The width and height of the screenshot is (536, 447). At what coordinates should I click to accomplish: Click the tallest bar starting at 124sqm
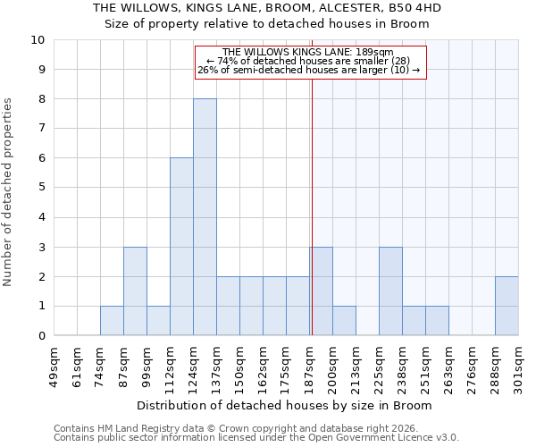pyautogui.click(x=205, y=217)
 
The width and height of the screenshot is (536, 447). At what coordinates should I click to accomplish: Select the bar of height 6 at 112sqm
pyautogui.click(x=181, y=247)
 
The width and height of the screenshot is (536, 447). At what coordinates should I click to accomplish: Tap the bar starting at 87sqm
pyautogui.click(x=135, y=291)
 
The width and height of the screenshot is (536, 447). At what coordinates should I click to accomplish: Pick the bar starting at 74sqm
pyautogui.click(x=112, y=321)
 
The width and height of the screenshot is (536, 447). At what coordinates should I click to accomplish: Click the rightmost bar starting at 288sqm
pyautogui.click(x=507, y=307)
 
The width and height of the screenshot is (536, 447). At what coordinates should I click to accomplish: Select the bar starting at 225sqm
pyautogui.click(x=390, y=291)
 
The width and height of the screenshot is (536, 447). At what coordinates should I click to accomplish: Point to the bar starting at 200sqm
pyautogui.click(x=344, y=321)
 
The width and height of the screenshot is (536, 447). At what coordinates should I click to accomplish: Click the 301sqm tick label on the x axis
pyautogui.click(x=519, y=367)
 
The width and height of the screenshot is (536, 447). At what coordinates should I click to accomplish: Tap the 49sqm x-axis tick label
pyautogui.click(x=54, y=367)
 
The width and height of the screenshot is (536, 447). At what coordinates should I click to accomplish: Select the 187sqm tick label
pyautogui.click(x=310, y=367)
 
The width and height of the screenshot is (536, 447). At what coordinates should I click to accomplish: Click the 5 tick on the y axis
pyautogui.click(x=40, y=188)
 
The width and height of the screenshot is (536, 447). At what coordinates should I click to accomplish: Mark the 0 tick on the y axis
pyautogui.click(x=40, y=336)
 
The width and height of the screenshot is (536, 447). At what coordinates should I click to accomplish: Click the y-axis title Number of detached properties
pyautogui.click(x=9, y=192)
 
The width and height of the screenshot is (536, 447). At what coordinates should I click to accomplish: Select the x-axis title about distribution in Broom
pyautogui.click(x=286, y=405)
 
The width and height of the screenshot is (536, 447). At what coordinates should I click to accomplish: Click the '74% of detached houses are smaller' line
pyautogui.click(x=308, y=61)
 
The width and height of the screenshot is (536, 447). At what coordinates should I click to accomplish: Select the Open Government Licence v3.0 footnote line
pyautogui.click(x=256, y=437)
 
